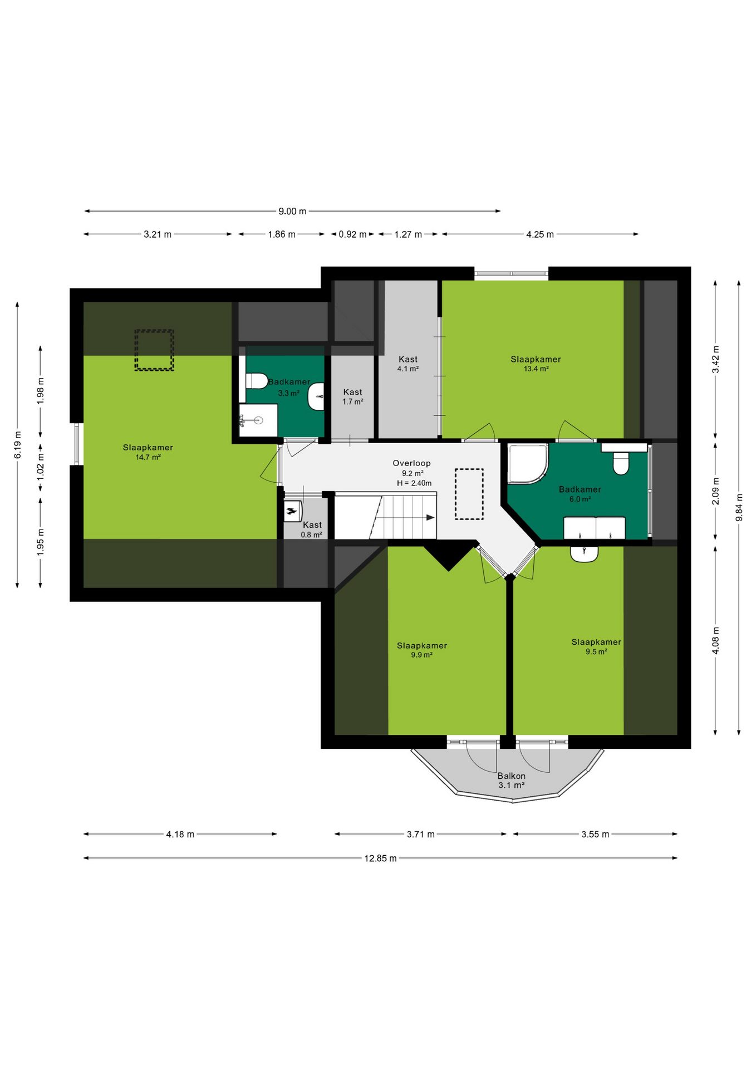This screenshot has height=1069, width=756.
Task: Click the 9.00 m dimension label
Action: point(292,212)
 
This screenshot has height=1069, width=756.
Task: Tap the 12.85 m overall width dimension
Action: point(381,858)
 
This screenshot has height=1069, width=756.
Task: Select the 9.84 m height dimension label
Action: point(739,508)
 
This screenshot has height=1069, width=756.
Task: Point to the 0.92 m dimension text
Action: point(352,234)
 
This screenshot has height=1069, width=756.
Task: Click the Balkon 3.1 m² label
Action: point(512,781)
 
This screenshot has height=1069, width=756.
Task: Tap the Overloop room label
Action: point(412,463)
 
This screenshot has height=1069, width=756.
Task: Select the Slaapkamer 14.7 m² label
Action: point(148,452)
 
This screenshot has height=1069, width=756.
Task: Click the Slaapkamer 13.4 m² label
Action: point(536,364)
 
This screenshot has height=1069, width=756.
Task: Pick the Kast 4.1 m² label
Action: point(408,364)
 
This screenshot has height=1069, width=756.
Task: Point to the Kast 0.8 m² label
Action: point(312,529)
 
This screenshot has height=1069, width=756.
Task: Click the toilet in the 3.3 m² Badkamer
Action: point(257,381)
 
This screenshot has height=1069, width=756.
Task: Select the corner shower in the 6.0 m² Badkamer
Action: point(528,464)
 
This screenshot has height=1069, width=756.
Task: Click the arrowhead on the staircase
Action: point(430,518)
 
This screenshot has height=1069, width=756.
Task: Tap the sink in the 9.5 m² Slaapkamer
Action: point(584,554)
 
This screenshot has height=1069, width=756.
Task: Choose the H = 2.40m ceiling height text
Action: point(414,483)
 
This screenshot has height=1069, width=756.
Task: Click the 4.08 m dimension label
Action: point(716,641)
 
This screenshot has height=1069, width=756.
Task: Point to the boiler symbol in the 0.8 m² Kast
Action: point(293,511)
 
